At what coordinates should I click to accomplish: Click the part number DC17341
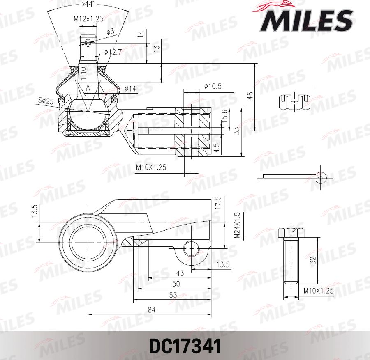coord(185,346)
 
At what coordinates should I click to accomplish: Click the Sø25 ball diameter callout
coord(46,101)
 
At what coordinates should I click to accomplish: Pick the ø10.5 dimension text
coord(213,86)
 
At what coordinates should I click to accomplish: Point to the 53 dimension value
coord(173,295)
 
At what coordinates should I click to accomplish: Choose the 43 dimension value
coord(180,273)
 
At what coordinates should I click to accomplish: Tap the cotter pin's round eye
coord(322,177)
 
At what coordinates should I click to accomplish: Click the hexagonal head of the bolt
coord(291,232)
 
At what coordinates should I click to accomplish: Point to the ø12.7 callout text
coord(113,52)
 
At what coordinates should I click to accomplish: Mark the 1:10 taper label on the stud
coord(83,74)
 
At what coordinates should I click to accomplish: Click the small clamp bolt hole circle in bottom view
coord(191,249)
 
